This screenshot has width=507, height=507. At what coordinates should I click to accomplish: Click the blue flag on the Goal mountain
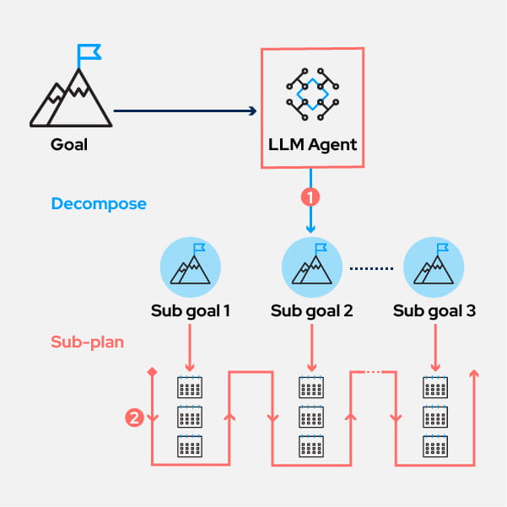point(89,52)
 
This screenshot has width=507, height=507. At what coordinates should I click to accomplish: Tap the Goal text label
point(69,144)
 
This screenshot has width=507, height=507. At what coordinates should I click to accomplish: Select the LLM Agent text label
point(311,144)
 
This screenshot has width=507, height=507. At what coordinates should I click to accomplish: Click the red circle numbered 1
point(311,197)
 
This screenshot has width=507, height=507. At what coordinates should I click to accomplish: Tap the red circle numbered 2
point(132,417)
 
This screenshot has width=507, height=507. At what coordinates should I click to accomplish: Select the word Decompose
point(99,204)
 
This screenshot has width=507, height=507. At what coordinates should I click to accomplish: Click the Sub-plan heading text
point(87,343)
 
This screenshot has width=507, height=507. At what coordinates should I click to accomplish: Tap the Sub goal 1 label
point(190,311)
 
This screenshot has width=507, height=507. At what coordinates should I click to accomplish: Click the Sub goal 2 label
point(312,311)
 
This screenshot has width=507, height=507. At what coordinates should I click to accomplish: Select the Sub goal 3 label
point(434,311)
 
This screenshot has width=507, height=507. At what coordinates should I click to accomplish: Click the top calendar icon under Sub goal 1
point(190,387)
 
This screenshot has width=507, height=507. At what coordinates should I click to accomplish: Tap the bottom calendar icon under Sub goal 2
point(312,445)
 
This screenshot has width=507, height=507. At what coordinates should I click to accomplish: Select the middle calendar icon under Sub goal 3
point(434,417)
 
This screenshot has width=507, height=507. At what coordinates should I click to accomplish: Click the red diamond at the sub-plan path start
point(152,372)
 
